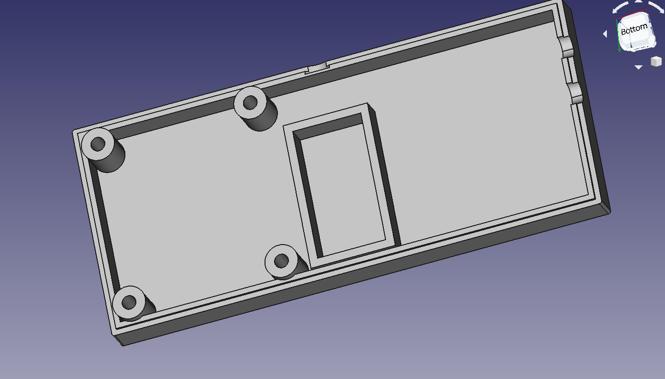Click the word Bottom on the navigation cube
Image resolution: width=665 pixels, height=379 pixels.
click(634, 29)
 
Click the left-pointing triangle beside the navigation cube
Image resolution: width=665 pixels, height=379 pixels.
click(605, 34)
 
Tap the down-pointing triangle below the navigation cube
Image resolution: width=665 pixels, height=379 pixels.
click(638, 67)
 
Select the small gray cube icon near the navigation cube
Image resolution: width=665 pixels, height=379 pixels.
click(656, 61)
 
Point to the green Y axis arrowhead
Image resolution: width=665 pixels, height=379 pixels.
click(619, 50)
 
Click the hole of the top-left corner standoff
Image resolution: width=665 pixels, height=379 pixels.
click(98, 144)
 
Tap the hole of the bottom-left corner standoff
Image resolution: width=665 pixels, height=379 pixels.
click(129, 302)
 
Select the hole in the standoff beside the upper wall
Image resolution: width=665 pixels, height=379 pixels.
click(250, 102)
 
